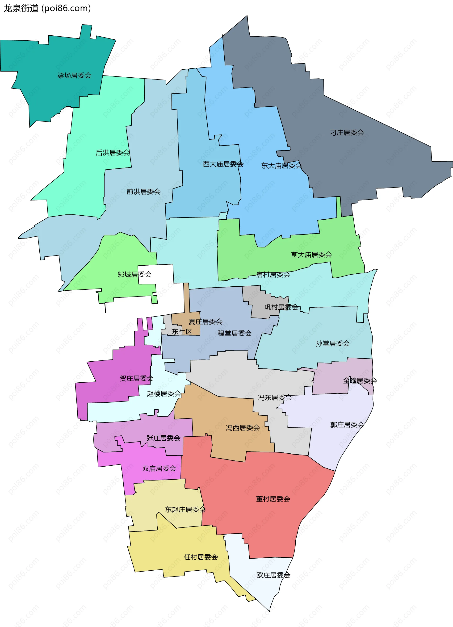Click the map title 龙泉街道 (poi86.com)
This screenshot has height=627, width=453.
click(x=47, y=8)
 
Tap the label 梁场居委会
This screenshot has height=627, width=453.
click(x=74, y=75)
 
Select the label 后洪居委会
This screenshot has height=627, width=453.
click(x=113, y=153)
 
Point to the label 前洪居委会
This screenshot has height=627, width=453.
click(x=143, y=192)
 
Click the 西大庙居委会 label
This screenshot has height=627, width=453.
click(x=223, y=164)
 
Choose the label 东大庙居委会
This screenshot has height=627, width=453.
click(x=281, y=166)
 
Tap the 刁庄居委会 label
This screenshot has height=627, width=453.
click(x=347, y=133)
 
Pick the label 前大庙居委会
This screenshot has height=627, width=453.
click(x=311, y=255)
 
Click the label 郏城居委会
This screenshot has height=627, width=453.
click(x=134, y=275)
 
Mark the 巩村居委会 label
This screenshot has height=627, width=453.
click(x=281, y=307)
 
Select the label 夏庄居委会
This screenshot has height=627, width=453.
click(x=206, y=322)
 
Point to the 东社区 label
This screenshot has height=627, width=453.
click(x=182, y=332)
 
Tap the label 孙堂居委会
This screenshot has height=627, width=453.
click(x=332, y=343)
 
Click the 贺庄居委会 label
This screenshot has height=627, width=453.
click(x=136, y=378)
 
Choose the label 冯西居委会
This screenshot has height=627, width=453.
click(x=243, y=428)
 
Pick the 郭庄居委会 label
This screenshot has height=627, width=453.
click(x=347, y=425)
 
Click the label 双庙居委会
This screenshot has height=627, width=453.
click(x=159, y=468)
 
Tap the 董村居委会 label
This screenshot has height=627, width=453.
click(x=273, y=499)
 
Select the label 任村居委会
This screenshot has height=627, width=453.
click(x=201, y=557)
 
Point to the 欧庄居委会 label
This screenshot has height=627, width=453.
click(x=273, y=575)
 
